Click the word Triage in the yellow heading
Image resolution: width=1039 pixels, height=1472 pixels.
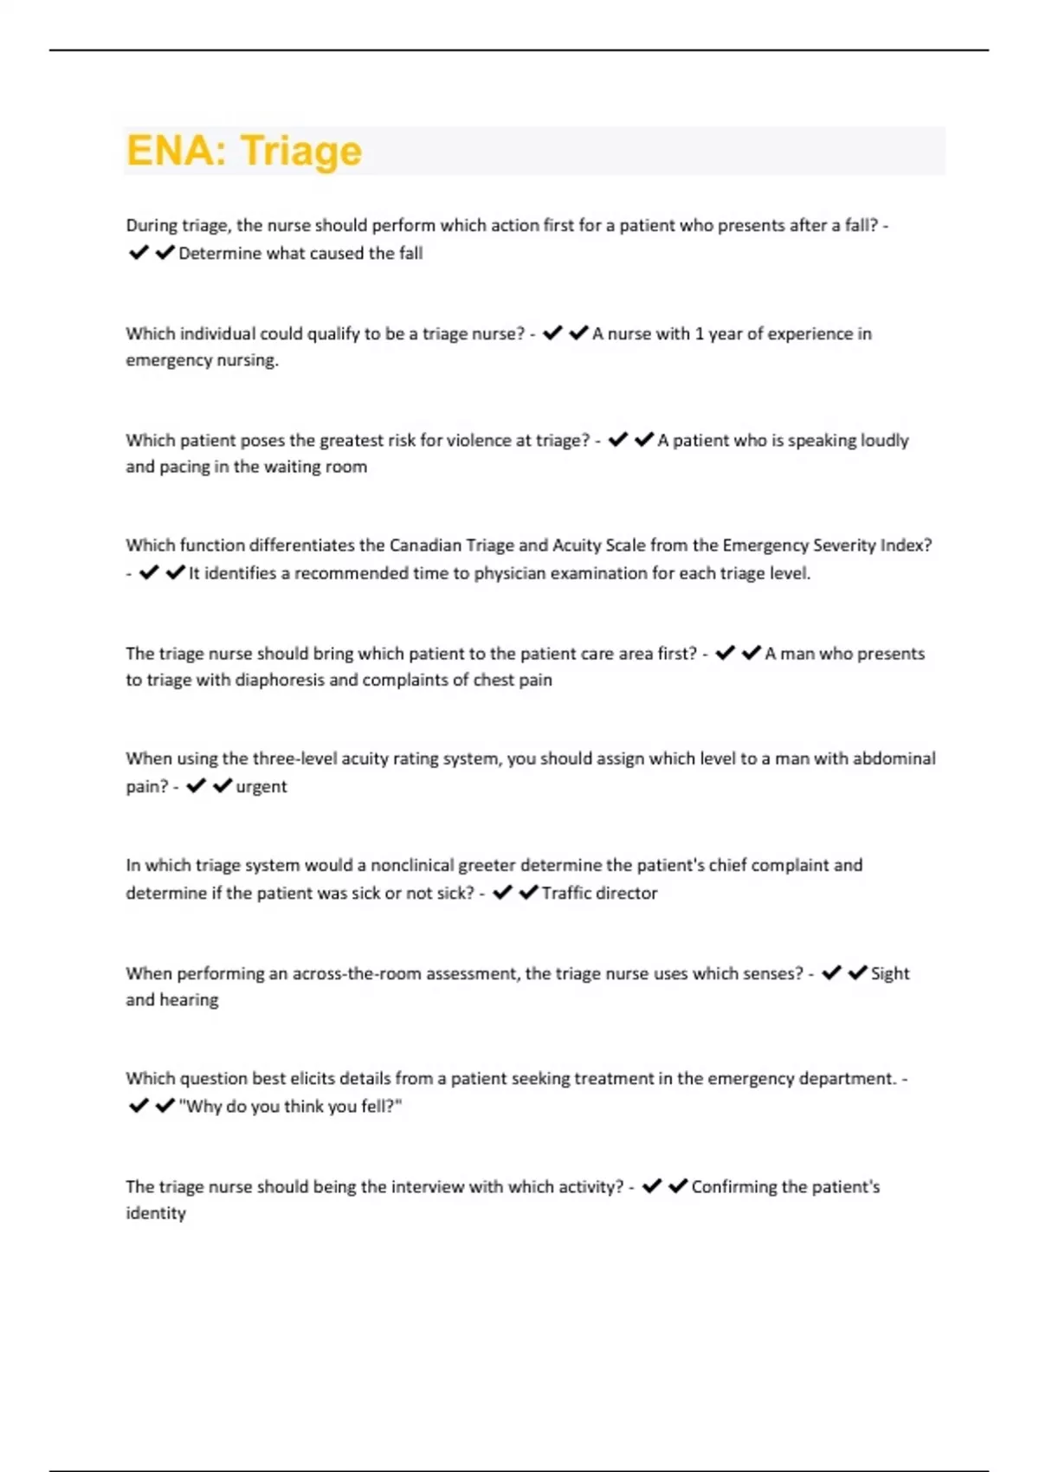point(301,151)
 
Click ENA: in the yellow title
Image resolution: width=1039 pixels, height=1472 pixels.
point(177,151)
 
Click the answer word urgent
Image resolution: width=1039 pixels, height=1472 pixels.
point(261,787)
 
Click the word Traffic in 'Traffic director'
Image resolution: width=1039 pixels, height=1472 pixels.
point(566,894)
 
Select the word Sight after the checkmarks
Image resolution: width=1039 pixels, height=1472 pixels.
point(890,974)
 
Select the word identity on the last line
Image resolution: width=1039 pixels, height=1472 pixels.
point(156,1214)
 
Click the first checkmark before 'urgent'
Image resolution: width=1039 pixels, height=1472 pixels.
point(197,786)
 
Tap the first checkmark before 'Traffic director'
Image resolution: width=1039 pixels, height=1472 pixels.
point(502,893)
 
